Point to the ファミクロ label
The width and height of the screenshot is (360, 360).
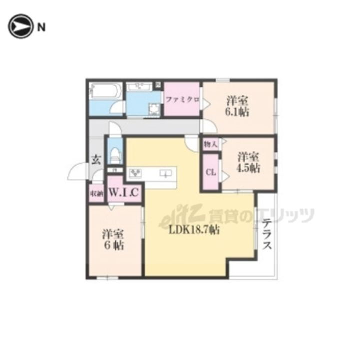point(182,100)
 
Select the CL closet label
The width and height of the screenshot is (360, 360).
point(210,173)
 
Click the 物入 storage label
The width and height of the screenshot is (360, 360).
point(210,144)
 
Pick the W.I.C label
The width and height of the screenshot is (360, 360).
point(124,192)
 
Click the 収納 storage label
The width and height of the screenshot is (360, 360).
point(96,194)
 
